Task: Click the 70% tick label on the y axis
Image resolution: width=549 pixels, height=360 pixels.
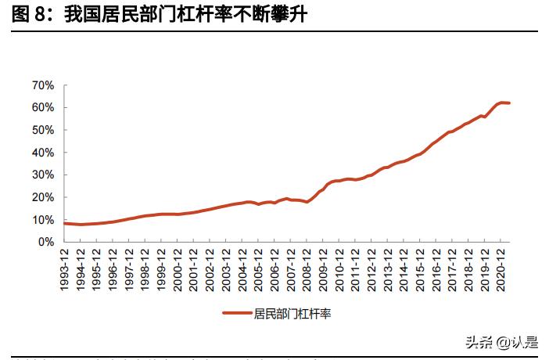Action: [x=42, y=85]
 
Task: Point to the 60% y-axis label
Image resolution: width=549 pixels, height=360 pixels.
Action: [x=42, y=107]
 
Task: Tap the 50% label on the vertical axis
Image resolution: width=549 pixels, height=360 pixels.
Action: [x=42, y=130]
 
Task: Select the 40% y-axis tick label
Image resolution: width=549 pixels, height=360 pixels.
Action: [x=42, y=152]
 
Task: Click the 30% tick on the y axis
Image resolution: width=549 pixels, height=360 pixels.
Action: [x=42, y=175]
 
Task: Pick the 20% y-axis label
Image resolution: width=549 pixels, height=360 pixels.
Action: [x=42, y=197]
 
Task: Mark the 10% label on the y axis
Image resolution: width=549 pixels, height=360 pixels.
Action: [x=42, y=220]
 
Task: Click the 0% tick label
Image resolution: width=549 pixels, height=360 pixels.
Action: [x=45, y=242]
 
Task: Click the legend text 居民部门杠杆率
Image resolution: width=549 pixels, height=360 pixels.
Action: [x=292, y=314]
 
